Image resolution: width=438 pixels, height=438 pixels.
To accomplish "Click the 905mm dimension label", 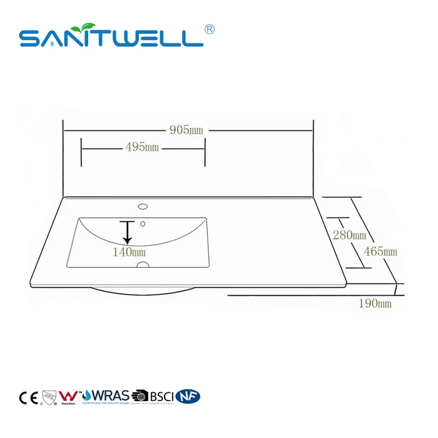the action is pyautogui.click(x=187, y=130).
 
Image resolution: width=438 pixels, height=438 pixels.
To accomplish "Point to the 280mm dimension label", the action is pyautogui.click(x=349, y=235).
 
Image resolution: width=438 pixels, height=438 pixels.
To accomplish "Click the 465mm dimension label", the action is pyautogui.click(x=380, y=252).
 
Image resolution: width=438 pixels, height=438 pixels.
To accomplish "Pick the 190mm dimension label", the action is pyautogui.click(x=375, y=303).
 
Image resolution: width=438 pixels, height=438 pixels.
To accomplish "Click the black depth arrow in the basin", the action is pyautogui.click(x=128, y=232).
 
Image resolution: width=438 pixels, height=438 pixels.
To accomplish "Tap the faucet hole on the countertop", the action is pyautogui.click(x=143, y=205).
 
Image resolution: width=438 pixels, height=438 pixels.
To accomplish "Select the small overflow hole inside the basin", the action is pyautogui.click(x=143, y=223).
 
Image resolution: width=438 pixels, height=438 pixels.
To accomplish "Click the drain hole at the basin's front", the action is pyautogui.click(x=143, y=265).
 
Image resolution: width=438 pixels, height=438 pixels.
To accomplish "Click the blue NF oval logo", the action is pyautogui.click(x=188, y=396).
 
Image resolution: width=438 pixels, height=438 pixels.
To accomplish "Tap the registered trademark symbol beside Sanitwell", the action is pyautogui.click(x=210, y=30).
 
